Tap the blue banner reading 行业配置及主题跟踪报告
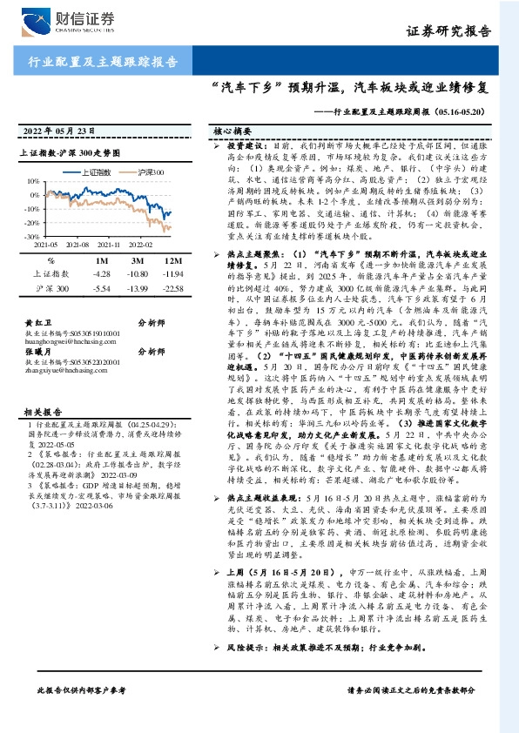(97, 63)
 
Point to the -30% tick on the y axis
(30, 236)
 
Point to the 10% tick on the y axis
(32, 181)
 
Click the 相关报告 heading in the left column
(40, 387)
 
